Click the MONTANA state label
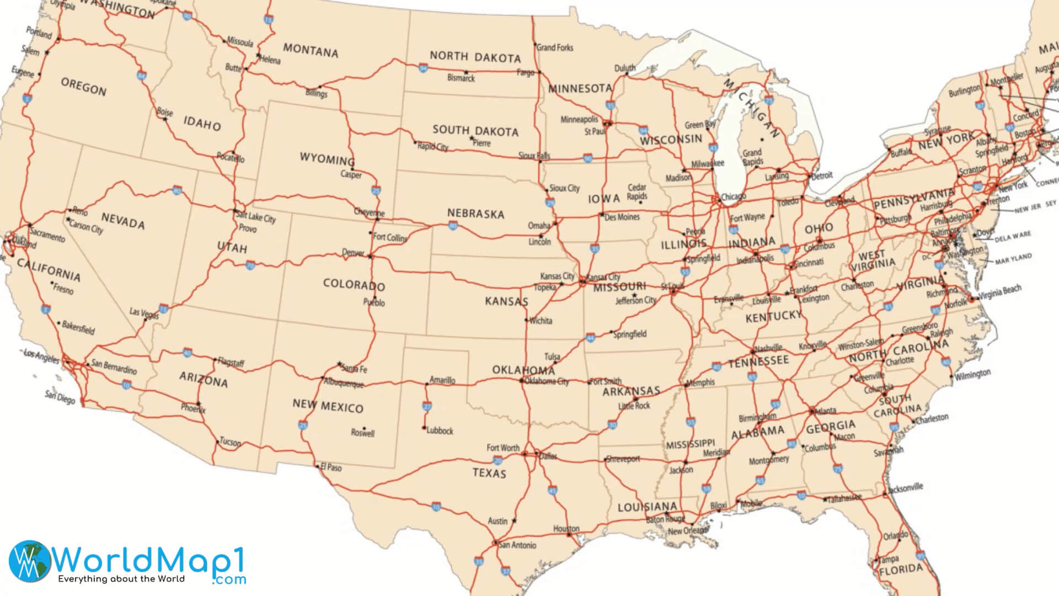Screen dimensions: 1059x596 point(311,51)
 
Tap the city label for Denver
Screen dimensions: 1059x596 point(353,253)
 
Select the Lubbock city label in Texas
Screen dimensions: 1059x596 point(440,430)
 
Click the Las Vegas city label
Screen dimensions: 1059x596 point(144,313)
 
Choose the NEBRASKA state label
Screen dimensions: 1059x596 point(475,214)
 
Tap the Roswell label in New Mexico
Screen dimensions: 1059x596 point(362,433)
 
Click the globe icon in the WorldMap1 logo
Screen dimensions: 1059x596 point(29,560)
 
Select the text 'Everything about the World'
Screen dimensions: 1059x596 point(121,579)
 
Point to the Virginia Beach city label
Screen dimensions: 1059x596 point(1000,291)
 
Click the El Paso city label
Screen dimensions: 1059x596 point(331,467)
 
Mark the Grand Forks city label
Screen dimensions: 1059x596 point(555,47)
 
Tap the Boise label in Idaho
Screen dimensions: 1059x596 point(165,112)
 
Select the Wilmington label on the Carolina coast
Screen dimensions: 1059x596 point(972,375)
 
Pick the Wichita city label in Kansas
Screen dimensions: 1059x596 point(540,321)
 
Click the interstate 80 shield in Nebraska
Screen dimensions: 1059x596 point(452,225)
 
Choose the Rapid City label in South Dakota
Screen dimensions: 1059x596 point(432,147)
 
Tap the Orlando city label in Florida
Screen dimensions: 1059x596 point(895,536)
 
